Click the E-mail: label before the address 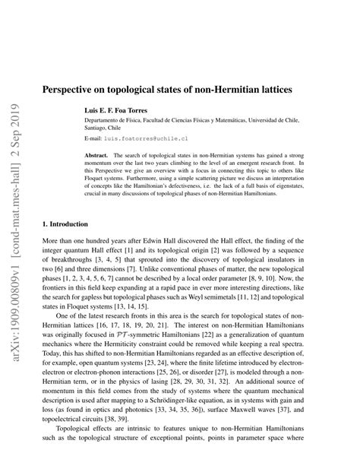click(x=93, y=140)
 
